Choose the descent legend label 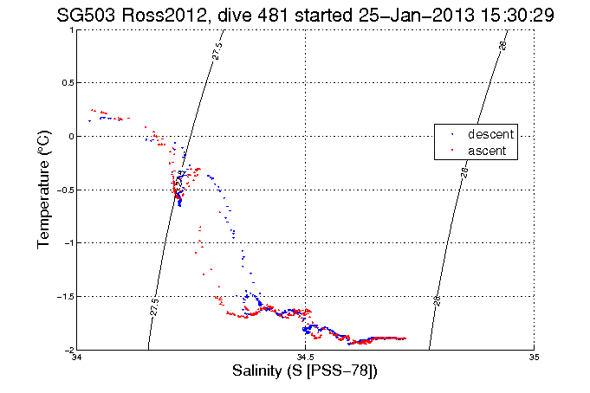[490, 135]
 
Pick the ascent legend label [488, 151]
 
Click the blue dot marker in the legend [451, 135]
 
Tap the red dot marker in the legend [451, 151]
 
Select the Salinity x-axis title [305, 371]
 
